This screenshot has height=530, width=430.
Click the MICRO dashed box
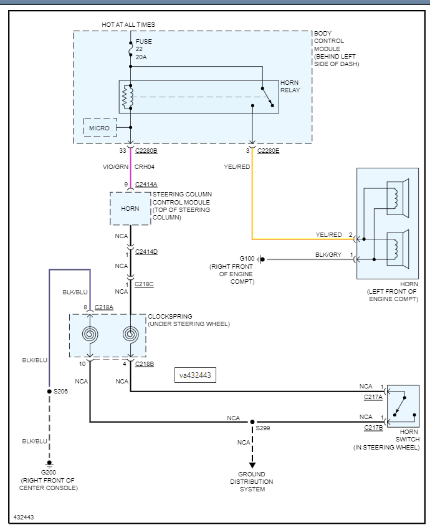tap(100, 128)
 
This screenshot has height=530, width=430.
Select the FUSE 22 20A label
tap(143, 49)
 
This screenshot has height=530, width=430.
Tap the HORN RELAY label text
tap(290, 86)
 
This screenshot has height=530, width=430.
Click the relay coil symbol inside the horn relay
tap(127, 97)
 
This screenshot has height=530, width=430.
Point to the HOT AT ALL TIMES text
tap(128, 25)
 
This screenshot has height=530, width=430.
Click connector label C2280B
tap(146, 151)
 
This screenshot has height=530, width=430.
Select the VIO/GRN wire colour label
tap(115, 167)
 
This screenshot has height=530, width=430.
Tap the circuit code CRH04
tap(145, 167)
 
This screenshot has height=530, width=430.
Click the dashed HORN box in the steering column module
tap(130, 208)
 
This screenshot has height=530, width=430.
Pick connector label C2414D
tap(146, 251)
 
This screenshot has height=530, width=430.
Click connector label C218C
tap(144, 284)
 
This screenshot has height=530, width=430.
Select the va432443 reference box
tap(196, 375)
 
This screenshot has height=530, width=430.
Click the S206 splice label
tap(60, 392)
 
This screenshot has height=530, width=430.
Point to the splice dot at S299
tap(252, 422)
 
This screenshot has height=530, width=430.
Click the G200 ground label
tap(49, 472)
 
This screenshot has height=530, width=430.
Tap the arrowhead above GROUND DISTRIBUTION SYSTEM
tap(252, 465)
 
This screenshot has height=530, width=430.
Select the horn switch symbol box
tap(403, 405)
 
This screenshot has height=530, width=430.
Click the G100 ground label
tap(247, 258)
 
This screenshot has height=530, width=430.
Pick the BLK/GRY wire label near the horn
tap(328, 255)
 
